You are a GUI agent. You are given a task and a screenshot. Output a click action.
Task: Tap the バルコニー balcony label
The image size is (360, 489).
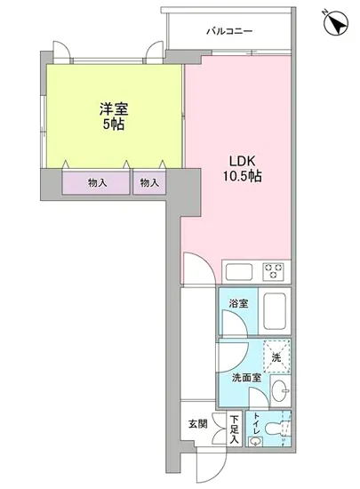click(229, 32)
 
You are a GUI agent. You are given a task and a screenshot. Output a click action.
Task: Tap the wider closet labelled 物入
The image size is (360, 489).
click(96, 183)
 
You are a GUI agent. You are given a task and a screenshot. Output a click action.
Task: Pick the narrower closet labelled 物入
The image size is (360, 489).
click(148, 183)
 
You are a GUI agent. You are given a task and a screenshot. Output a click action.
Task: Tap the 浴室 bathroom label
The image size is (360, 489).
click(238, 303)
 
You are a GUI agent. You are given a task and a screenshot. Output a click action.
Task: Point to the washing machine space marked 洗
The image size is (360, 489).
click(277, 357)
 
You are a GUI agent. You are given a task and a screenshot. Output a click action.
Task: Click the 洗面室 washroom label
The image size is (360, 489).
click(245, 377)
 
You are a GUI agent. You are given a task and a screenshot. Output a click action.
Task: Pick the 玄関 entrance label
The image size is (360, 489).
click(197, 424)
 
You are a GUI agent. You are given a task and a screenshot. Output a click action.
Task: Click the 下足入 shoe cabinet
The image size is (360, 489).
click(234, 429)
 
